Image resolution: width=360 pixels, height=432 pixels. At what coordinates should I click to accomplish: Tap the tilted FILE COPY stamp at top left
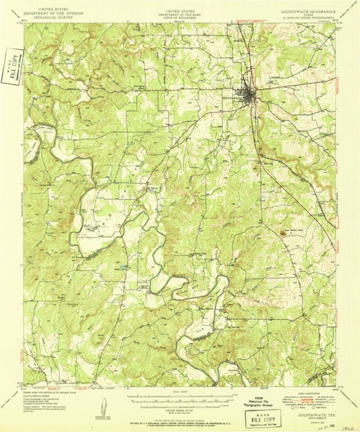(12, 66)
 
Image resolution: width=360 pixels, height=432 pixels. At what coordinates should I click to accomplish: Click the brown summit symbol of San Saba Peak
(288, 234)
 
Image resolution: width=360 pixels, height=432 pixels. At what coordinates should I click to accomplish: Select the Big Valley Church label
(151, 189)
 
